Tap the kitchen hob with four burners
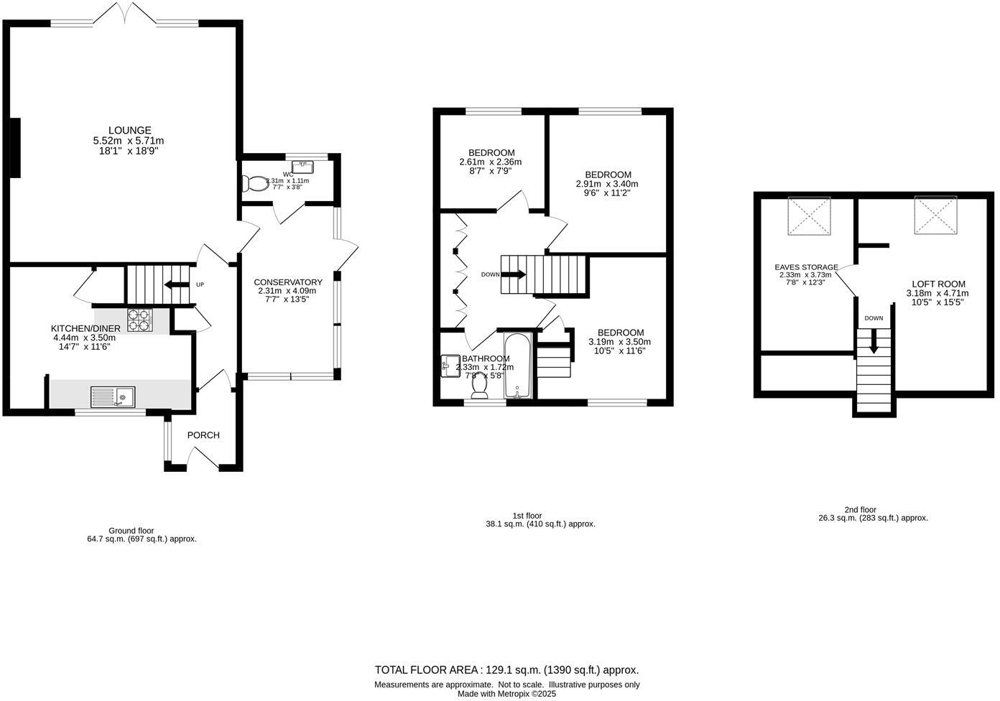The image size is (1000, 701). point(140,320)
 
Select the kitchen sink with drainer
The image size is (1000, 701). point(113,396)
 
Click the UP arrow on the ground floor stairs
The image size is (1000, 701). point(173,285)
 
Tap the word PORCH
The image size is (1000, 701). point(203,435)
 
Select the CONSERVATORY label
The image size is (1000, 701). point(287,282)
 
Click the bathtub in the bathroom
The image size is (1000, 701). point(517,366)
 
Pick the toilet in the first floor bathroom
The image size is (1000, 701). point(480,386)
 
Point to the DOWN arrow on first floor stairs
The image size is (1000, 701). point(514,274)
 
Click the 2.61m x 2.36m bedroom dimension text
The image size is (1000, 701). point(491,162)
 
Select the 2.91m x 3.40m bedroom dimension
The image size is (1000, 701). point(607,184)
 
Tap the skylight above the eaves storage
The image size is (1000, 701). point(809,215)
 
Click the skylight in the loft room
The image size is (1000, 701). point(934,215)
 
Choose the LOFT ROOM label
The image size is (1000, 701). point(938,284)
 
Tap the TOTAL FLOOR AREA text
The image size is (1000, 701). point(506,670)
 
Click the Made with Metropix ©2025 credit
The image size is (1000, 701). point(507,694)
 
